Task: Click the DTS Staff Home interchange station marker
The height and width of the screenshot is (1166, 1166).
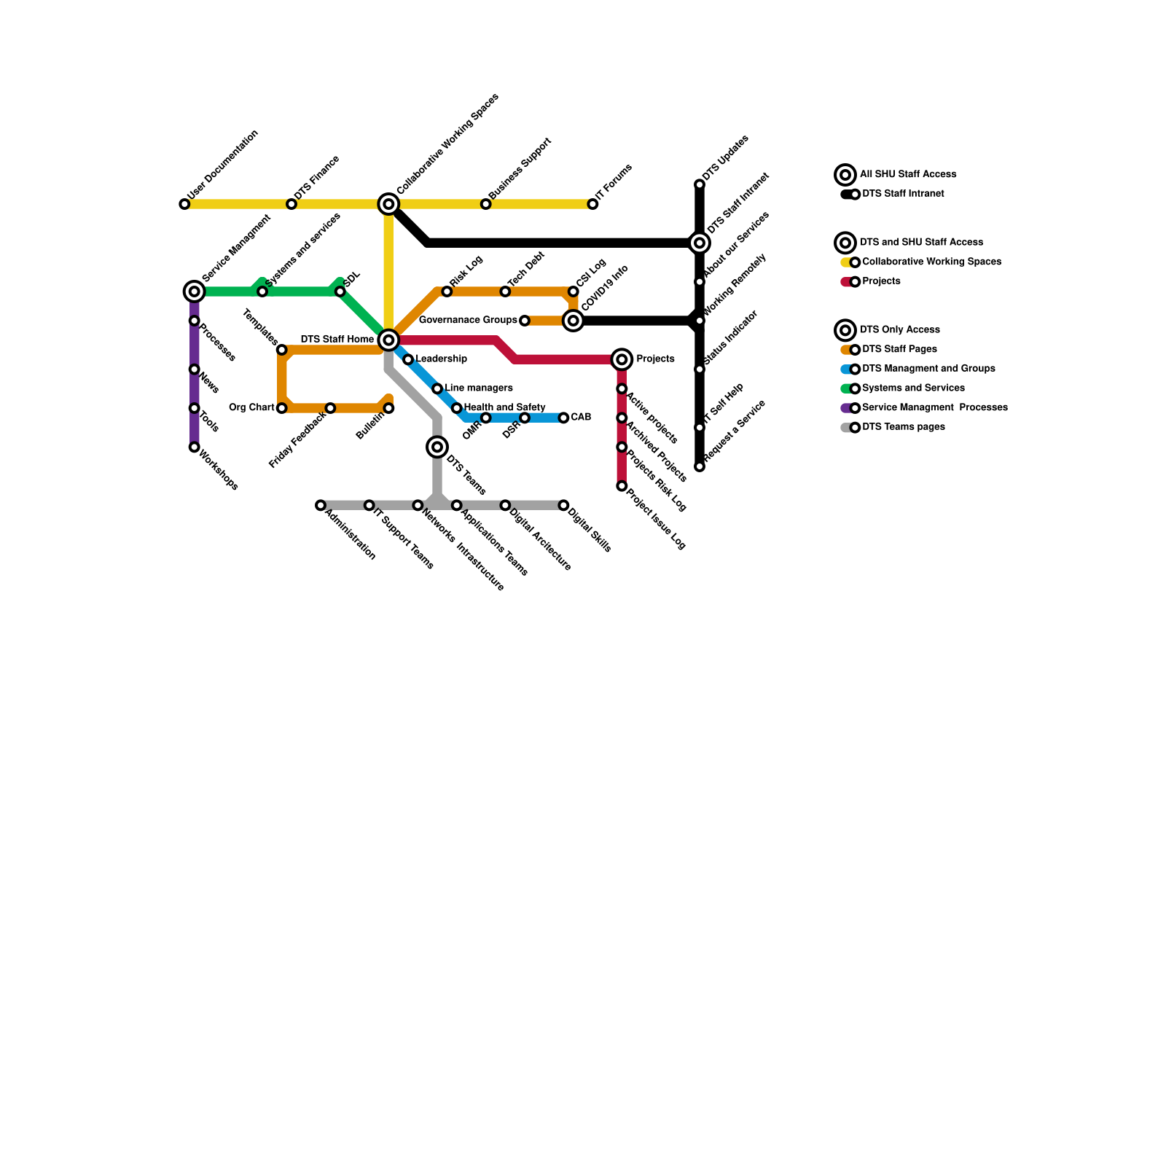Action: point(388,340)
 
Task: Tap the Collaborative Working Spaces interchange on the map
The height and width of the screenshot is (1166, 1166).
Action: point(388,204)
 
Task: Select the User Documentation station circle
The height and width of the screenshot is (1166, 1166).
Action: point(184,204)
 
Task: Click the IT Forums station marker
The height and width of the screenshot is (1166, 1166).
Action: point(592,204)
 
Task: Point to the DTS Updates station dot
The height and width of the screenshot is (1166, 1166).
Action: point(700,184)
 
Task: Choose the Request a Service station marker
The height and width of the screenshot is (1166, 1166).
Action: point(700,466)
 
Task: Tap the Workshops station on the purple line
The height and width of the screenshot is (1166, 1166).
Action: point(194,447)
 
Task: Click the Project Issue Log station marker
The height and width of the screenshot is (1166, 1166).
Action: point(622,486)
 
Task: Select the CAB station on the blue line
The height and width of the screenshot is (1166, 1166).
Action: point(563,418)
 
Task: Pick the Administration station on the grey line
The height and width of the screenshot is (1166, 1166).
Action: point(321,505)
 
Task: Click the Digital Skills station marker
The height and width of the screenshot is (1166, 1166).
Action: point(563,505)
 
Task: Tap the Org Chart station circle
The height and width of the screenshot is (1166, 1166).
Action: point(281,408)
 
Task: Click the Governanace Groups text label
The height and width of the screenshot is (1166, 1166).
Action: point(468,320)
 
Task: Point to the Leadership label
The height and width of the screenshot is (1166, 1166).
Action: point(441,359)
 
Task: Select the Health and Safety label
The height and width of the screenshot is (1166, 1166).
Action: point(504,407)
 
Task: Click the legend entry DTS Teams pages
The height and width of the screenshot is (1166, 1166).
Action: point(903,427)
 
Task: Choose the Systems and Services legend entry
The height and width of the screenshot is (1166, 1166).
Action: point(912,388)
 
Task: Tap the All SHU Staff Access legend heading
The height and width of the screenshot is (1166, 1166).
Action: point(907,174)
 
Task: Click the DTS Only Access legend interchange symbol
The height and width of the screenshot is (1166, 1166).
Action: point(845,330)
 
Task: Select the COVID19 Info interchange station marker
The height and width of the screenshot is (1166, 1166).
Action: point(574,321)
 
